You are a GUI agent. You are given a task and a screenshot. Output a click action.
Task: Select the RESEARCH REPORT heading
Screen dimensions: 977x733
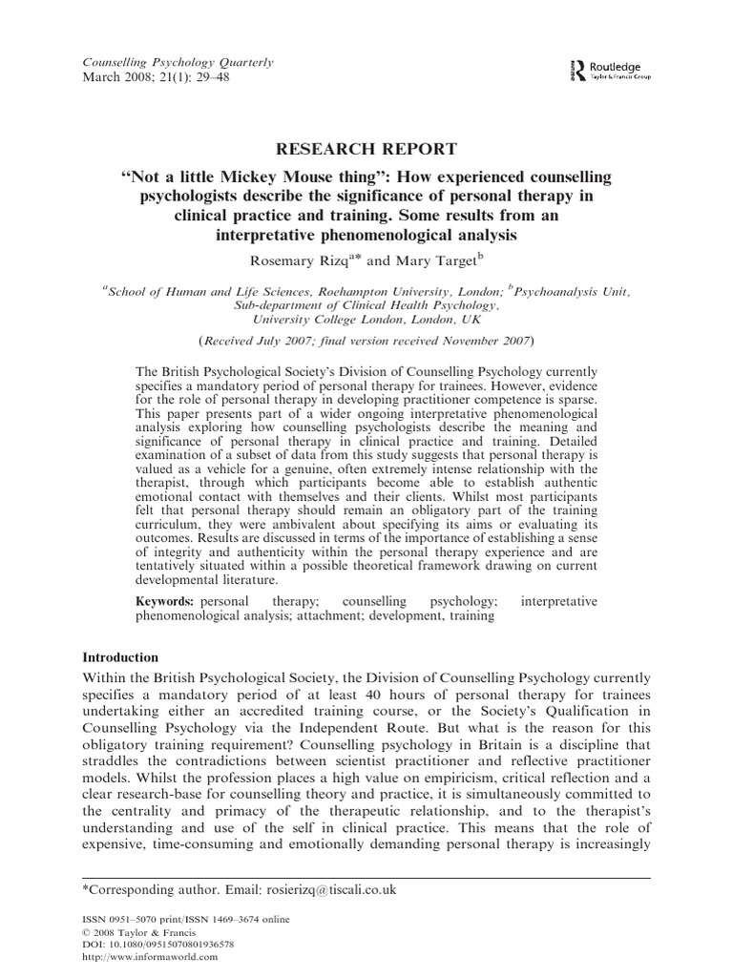tap(366, 149)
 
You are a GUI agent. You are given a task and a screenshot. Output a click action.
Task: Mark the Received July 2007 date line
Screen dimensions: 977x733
tap(366, 341)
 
